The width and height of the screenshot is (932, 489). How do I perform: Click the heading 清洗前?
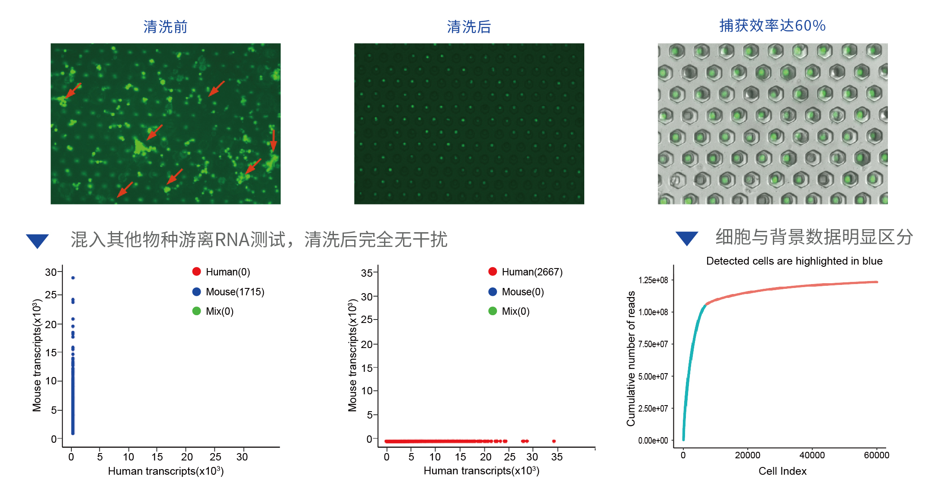(x=165, y=27)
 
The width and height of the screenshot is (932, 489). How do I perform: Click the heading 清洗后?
(x=469, y=27)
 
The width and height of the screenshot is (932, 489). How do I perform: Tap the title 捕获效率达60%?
(x=772, y=26)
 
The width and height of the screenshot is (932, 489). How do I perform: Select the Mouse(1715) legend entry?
(x=228, y=292)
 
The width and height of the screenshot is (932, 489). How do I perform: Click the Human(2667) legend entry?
(x=525, y=272)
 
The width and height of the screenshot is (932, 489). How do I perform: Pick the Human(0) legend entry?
(x=221, y=272)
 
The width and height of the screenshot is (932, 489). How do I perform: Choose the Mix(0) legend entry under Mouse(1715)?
(x=213, y=311)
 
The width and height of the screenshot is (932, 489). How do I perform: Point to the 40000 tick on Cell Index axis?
(x=812, y=455)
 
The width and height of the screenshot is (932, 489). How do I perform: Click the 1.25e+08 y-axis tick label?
(x=653, y=280)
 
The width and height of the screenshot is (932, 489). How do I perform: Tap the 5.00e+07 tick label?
(x=653, y=377)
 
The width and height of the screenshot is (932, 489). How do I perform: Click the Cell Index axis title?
(x=782, y=471)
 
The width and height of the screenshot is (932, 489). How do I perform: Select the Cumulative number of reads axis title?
(x=631, y=358)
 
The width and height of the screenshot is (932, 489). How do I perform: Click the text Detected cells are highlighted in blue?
(x=794, y=261)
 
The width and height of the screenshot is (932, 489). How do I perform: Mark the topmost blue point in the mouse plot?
(x=73, y=278)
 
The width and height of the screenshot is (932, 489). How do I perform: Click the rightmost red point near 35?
(x=554, y=441)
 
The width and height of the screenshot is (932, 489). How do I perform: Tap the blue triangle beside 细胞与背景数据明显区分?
(x=687, y=238)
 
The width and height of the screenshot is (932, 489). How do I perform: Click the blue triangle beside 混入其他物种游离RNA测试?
(x=37, y=240)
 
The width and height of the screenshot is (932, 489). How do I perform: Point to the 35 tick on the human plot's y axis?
(x=366, y=273)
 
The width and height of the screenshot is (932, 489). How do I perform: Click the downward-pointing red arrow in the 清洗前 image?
(x=273, y=141)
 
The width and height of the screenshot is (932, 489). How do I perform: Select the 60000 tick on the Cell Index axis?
(x=876, y=455)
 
